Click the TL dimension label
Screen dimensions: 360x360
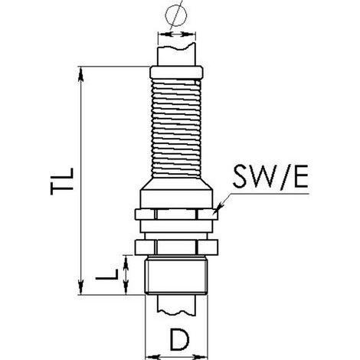(62, 182)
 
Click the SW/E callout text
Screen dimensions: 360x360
(270, 176)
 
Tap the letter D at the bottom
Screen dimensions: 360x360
(180, 340)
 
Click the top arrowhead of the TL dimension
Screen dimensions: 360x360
(80, 74)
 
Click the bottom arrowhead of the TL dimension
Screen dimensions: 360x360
(80, 287)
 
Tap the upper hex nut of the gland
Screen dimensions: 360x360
(176, 214)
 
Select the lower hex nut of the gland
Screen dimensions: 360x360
(176, 247)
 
